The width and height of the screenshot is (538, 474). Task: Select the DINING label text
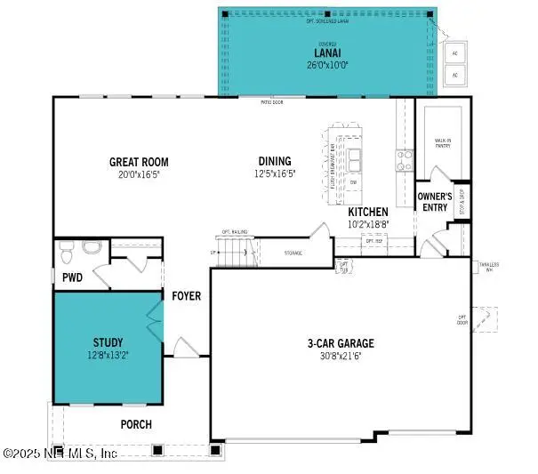click(x=275, y=161)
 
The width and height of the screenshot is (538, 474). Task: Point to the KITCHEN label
click(x=367, y=212)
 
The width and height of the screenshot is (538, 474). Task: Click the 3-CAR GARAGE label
click(x=341, y=343)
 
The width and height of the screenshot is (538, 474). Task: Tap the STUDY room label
click(x=108, y=341)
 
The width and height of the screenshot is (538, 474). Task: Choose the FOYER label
click(x=187, y=295)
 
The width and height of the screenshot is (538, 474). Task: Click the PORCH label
click(x=136, y=424)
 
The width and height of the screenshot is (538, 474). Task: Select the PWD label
click(x=72, y=277)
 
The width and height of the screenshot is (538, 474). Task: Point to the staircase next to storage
click(x=238, y=252)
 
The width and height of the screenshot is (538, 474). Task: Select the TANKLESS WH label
click(x=488, y=266)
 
